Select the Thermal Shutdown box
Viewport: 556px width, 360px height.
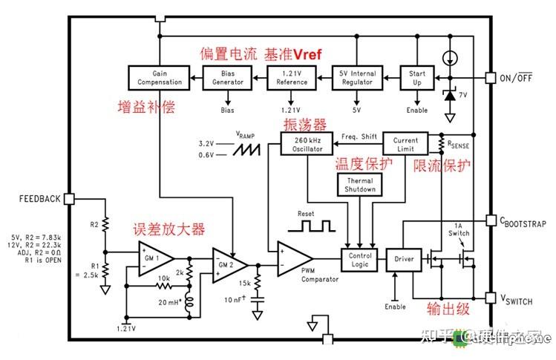tap(359, 185)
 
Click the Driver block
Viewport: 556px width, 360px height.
tap(405, 259)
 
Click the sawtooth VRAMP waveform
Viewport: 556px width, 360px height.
tap(249, 148)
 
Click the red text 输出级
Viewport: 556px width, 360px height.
tap(448, 308)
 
